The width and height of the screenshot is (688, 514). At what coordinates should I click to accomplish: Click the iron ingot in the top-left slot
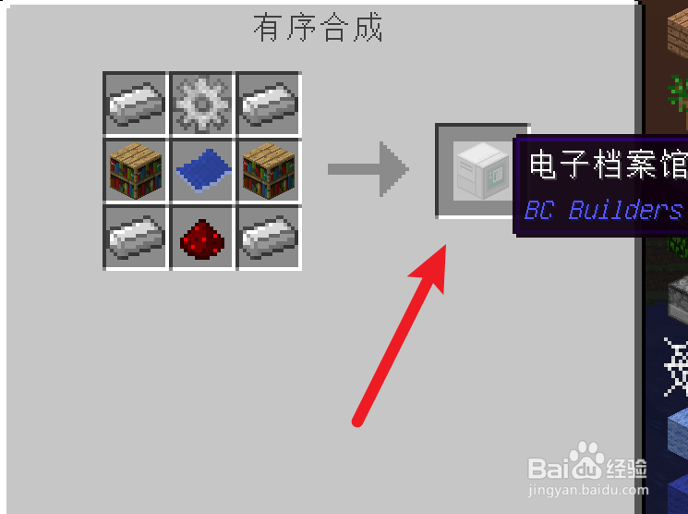[x=135, y=103]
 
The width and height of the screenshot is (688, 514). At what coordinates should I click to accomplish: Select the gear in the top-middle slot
[x=201, y=103]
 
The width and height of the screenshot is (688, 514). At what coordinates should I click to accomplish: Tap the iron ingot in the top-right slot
[x=268, y=103]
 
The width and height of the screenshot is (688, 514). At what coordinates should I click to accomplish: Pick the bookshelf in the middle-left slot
[x=135, y=169]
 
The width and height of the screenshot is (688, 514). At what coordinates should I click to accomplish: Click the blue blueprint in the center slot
[x=201, y=169]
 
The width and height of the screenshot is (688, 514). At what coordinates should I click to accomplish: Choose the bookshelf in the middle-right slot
[x=268, y=169]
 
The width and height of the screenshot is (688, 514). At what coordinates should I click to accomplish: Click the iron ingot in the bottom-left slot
[x=135, y=237]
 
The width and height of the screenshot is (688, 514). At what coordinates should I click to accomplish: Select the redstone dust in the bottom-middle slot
[x=201, y=237]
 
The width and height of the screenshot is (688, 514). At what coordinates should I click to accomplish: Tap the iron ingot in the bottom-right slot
[x=268, y=237]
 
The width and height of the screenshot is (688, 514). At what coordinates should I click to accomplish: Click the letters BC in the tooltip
[x=538, y=210]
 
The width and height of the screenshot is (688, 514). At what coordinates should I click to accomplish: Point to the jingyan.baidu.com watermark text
[x=587, y=490]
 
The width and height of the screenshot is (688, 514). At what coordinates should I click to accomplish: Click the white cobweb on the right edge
[x=676, y=365]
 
